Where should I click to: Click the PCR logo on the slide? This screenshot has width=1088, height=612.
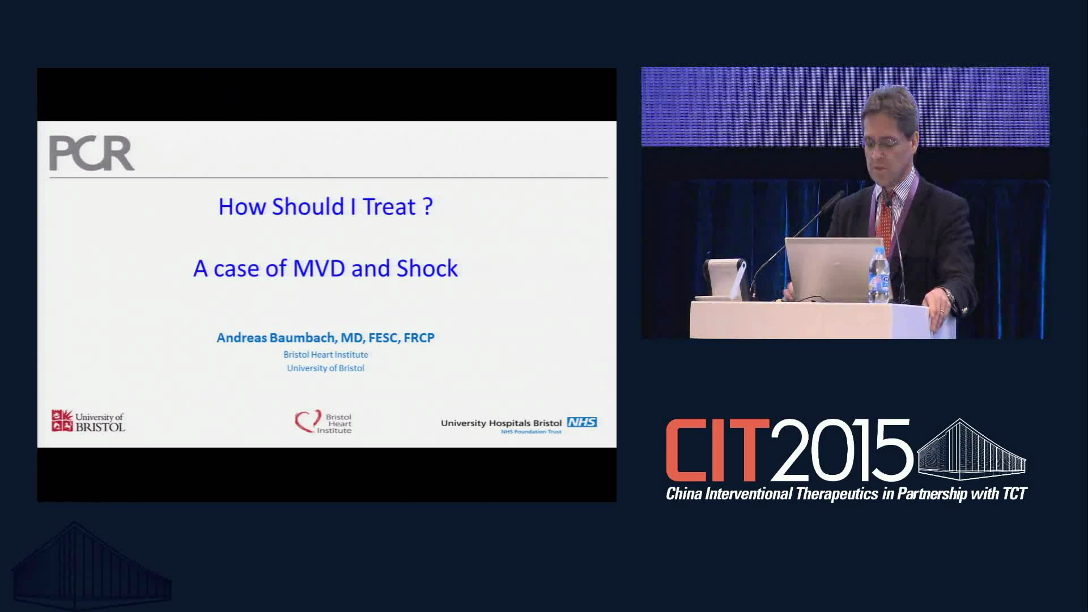pos(92,153)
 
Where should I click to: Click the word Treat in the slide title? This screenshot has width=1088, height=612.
pos(389,206)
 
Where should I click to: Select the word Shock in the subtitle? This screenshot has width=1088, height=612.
pos(427,268)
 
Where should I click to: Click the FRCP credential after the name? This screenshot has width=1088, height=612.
pos(419,338)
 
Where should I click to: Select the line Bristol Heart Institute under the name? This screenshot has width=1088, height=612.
pos(326,355)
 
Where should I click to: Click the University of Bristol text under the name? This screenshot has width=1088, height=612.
pos(326,368)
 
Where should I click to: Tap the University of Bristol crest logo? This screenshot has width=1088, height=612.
pos(62,421)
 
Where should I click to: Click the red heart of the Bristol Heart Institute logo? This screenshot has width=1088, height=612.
pos(307,422)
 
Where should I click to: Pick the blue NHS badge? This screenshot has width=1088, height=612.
pos(582,422)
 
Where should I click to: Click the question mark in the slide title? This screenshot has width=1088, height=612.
pos(428,206)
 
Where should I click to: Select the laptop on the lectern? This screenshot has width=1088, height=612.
pos(831,269)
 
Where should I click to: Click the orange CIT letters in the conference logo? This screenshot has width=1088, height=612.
pos(717,450)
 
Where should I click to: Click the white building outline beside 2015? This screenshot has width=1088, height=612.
pos(971,449)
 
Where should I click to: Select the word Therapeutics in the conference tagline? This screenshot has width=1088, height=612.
pos(838,494)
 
